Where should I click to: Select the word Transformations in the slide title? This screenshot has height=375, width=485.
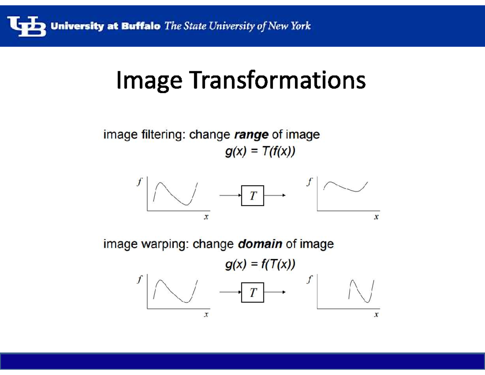(278, 81)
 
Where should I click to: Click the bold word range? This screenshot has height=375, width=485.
(251, 135)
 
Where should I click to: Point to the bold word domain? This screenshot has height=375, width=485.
(260, 244)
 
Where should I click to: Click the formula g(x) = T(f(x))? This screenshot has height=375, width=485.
(260, 153)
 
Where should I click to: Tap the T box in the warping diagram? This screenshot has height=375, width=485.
(253, 292)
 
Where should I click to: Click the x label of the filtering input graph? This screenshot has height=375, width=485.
(206, 218)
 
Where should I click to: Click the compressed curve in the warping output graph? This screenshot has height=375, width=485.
(361, 290)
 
